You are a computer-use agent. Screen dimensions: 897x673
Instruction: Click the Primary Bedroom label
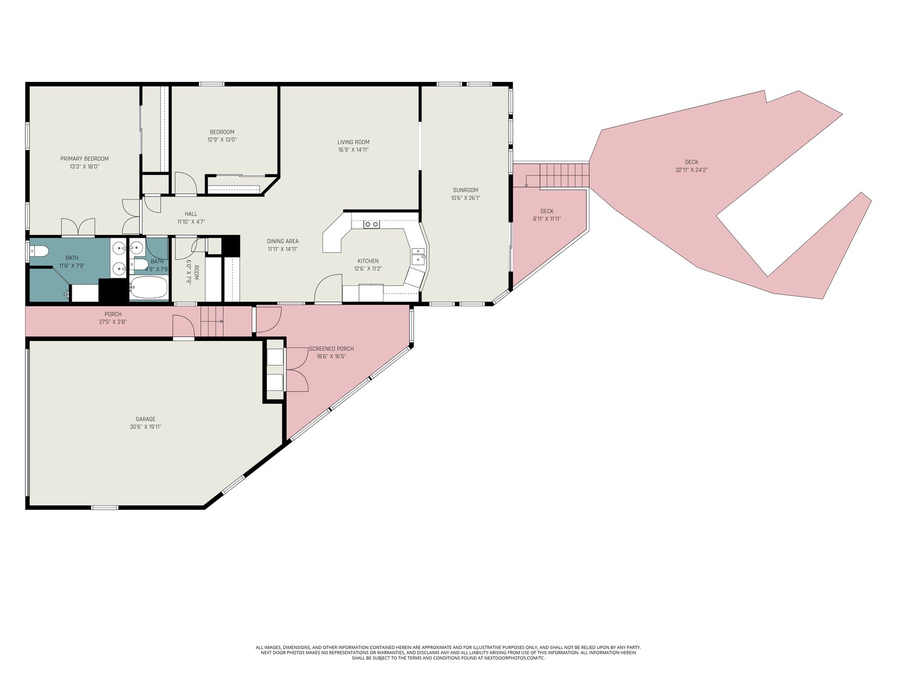tap(84, 159)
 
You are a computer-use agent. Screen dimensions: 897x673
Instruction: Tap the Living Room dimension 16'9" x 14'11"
tap(354, 150)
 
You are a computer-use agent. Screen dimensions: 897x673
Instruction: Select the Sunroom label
tap(465, 190)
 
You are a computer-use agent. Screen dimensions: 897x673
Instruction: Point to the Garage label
tap(145, 419)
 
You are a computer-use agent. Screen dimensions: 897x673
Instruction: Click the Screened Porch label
tap(331, 348)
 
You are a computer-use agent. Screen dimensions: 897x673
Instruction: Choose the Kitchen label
tap(368, 261)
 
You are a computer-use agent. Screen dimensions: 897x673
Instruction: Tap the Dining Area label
tap(283, 241)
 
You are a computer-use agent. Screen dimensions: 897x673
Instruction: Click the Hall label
tap(191, 214)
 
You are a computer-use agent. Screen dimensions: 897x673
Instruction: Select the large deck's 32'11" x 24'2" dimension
tap(691, 169)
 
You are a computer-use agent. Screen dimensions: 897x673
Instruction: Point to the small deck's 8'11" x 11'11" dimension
tap(547, 219)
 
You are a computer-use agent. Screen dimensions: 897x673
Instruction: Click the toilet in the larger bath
tap(40, 251)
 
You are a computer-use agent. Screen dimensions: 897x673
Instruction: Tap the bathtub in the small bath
tap(149, 287)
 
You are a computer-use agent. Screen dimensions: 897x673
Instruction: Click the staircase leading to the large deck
tap(565, 176)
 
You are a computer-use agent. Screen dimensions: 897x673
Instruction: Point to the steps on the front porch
tap(212, 321)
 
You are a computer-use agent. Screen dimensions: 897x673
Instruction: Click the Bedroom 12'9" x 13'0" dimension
tap(222, 139)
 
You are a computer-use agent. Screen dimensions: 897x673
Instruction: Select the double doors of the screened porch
tap(297, 370)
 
